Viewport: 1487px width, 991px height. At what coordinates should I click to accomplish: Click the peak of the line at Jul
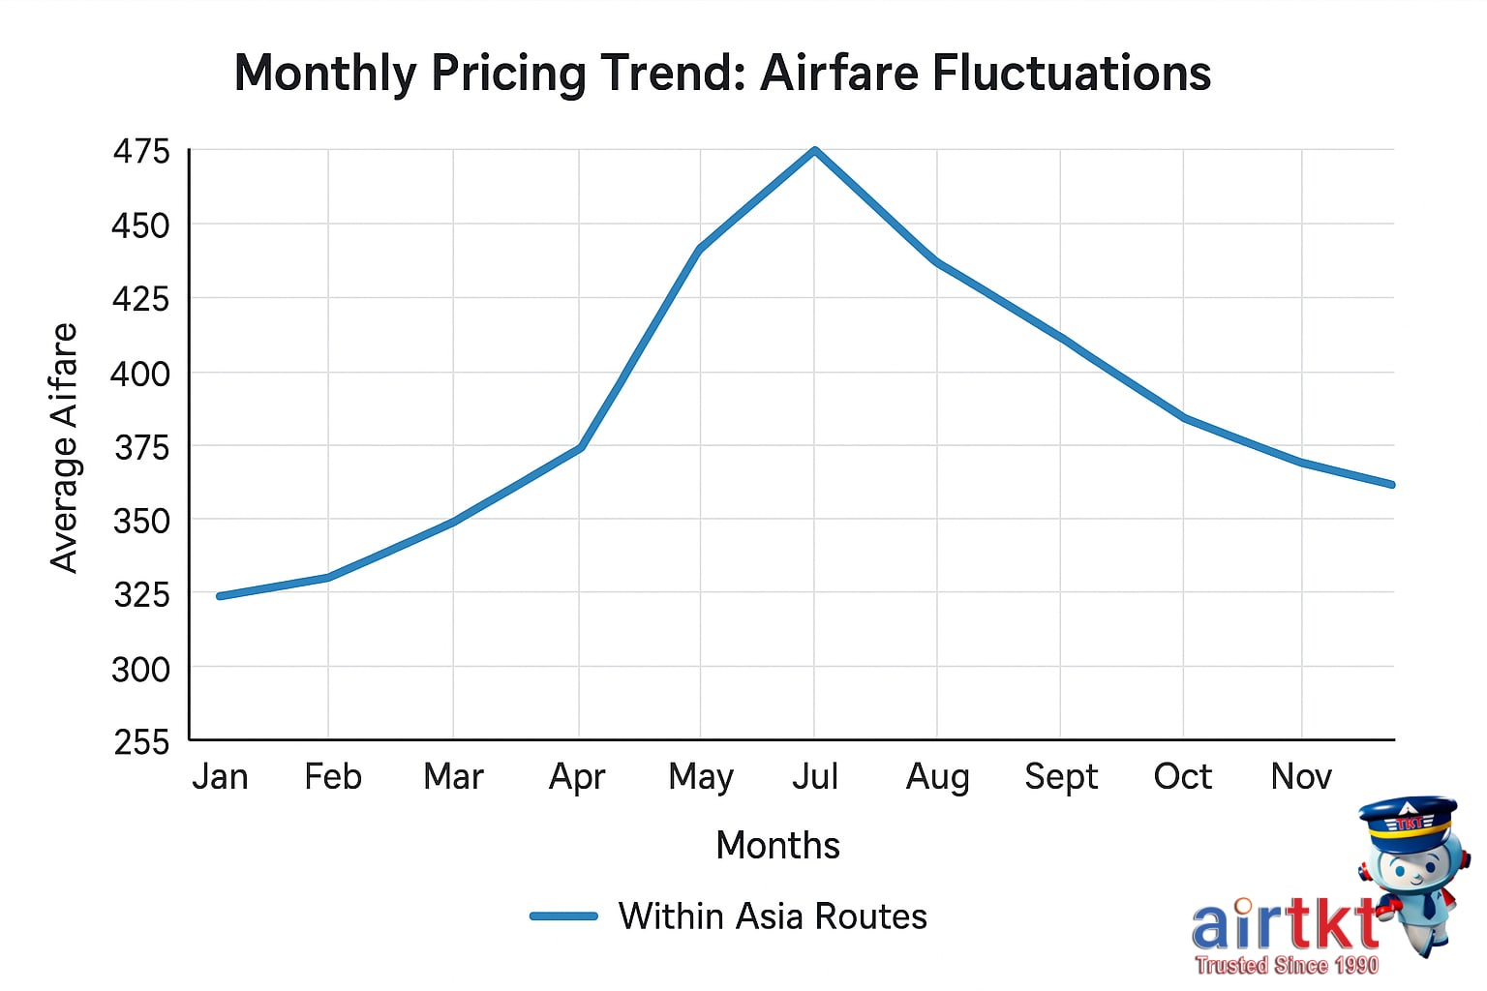[x=815, y=151]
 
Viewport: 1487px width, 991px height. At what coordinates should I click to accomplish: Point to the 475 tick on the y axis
[x=141, y=151]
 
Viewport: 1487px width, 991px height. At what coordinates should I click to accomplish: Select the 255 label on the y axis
[x=141, y=742]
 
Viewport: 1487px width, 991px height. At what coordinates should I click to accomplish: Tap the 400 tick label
[x=140, y=374]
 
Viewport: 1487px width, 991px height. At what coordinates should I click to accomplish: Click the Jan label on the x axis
[x=220, y=776]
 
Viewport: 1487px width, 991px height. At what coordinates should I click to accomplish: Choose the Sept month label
[x=1061, y=776]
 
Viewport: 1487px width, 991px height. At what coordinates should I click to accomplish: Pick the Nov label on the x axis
[x=1301, y=776]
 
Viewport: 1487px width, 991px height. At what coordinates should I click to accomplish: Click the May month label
[x=701, y=777]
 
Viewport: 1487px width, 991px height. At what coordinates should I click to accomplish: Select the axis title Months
[x=777, y=845]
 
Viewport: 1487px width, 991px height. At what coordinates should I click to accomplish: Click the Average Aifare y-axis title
[x=64, y=447]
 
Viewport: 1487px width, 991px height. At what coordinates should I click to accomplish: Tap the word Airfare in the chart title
[x=838, y=74]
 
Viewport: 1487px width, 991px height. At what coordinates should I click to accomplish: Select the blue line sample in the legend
[x=563, y=916]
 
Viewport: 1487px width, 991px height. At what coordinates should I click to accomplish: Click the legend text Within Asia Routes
[x=773, y=916]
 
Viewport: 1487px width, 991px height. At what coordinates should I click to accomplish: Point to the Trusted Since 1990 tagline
[x=1286, y=965]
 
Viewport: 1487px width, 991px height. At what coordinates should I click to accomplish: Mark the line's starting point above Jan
[x=221, y=596]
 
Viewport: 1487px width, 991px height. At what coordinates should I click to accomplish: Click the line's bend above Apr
[x=580, y=447]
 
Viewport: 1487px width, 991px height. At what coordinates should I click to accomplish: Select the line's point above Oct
[x=1184, y=418]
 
